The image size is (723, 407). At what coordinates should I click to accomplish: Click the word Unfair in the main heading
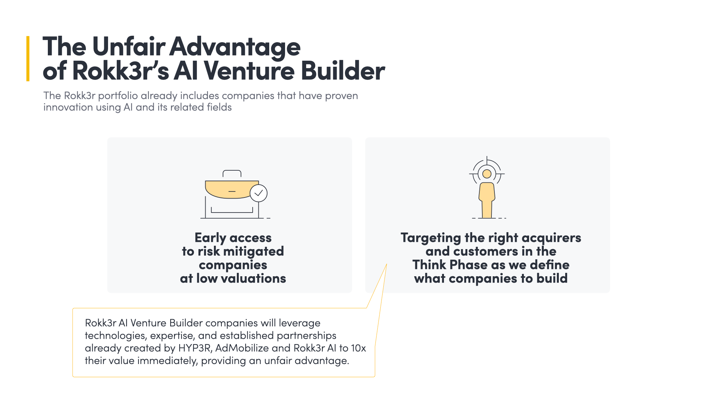pyautogui.click(x=128, y=47)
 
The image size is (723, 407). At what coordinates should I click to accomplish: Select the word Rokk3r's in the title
pyautogui.click(x=120, y=71)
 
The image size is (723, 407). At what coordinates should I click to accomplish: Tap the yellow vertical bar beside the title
pyautogui.click(x=28, y=58)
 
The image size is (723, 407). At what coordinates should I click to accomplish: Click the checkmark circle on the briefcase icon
pyautogui.click(x=259, y=193)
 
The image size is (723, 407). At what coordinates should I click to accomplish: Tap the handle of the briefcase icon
pyautogui.click(x=232, y=173)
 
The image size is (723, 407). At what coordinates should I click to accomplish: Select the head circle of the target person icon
pyautogui.click(x=487, y=174)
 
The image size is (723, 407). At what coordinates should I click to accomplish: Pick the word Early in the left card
pyautogui.click(x=210, y=238)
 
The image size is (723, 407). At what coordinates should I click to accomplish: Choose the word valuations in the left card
pyautogui.click(x=253, y=278)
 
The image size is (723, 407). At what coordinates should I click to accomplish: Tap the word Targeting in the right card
pyautogui.click(x=431, y=238)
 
